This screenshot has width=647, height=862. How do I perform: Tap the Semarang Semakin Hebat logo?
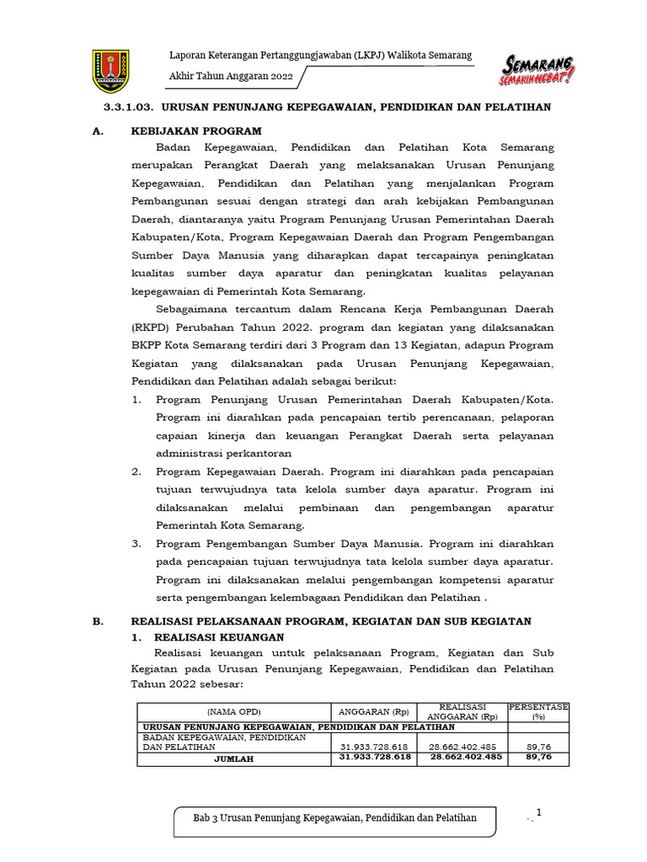[x=537, y=70]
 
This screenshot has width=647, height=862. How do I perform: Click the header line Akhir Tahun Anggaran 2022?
[x=230, y=76]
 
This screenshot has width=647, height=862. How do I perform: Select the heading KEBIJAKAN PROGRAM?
[x=196, y=131]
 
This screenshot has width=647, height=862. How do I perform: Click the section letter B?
[x=98, y=621]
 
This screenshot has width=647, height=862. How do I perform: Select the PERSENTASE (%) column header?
[x=538, y=711]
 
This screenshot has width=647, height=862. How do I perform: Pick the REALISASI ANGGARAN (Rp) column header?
[x=463, y=711]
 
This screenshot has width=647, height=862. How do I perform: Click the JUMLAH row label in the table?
[x=233, y=758]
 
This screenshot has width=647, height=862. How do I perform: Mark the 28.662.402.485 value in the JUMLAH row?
[x=466, y=758]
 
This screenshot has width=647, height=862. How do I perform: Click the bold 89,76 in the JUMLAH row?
[x=537, y=758]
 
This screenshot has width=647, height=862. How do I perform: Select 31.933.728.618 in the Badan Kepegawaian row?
[x=374, y=747]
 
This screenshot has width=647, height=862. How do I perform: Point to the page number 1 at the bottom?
[x=538, y=811]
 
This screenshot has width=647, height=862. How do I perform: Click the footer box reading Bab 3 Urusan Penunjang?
[x=335, y=818]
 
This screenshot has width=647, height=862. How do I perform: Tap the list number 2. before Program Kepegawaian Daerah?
[x=136, y=471]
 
